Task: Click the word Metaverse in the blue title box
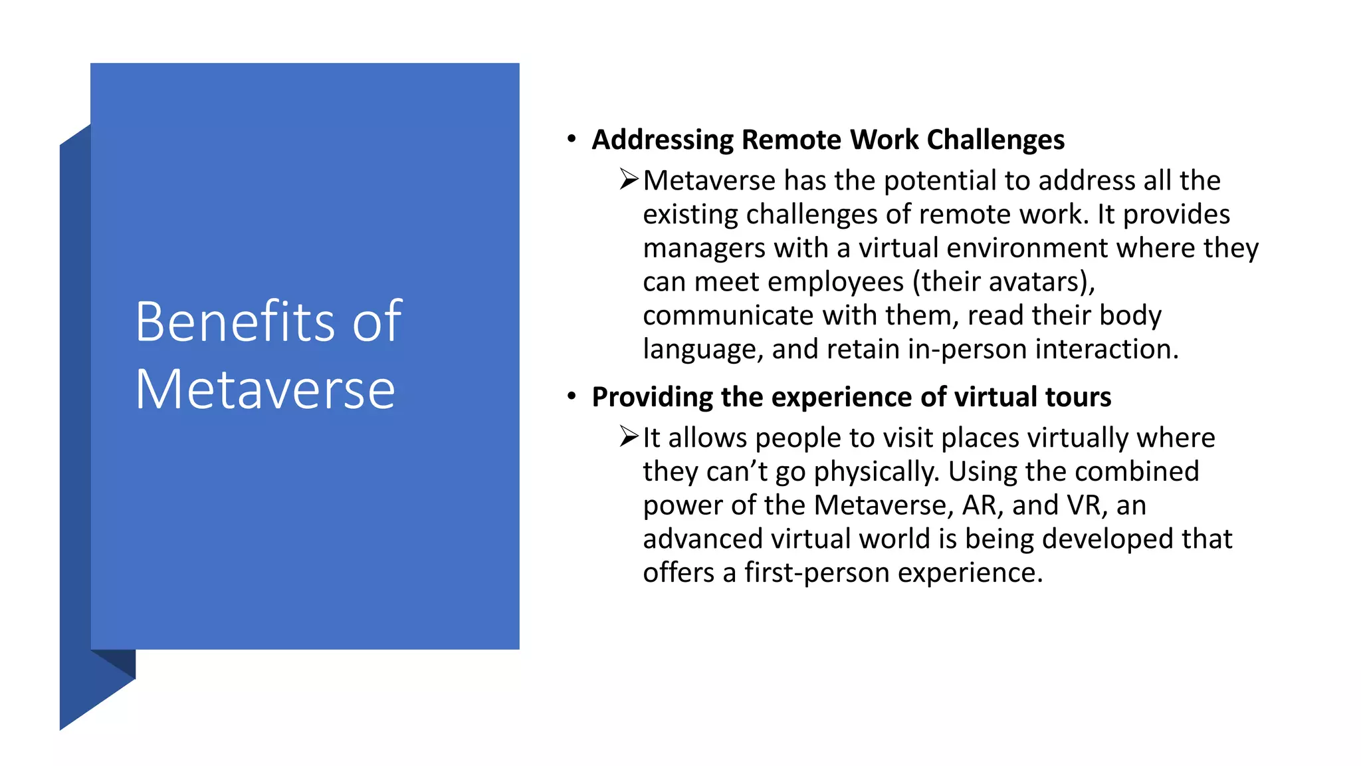tap(265, 390)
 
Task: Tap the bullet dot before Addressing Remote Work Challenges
tap(571, 139)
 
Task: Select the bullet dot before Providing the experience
tap(571, 396)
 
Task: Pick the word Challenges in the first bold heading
tap(995, 140)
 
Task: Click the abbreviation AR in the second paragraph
tap(980, 505)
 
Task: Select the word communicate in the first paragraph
tap(728, 316)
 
